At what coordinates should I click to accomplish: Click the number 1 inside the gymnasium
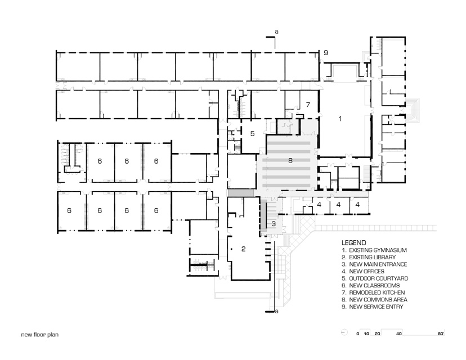tap(339, 119)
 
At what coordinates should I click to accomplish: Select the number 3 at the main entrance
tap(274, 224)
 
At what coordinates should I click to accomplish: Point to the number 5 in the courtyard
tap(253, 134)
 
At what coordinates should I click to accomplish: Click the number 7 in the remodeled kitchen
tap(307, 105)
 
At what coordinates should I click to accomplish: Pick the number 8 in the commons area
tap(290, 161)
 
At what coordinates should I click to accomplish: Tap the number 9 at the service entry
tap(325, 53)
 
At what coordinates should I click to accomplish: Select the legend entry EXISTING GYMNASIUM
tap(374, 249)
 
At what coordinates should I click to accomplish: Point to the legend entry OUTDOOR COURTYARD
tap(374, 278)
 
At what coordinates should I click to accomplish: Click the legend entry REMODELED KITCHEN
tap(374, 292)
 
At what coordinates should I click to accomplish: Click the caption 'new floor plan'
tap(39, 334)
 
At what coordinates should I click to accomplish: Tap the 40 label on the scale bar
tap(399, 334)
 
